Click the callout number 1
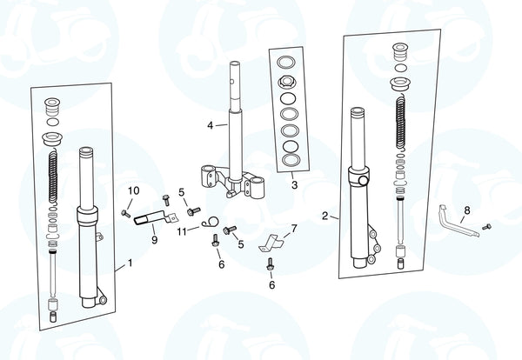pos(130,263)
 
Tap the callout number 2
pos(325,216)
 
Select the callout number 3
pos(294,184)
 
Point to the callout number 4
pos(210,125)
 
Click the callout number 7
pos(294,229)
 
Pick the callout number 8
pos(467,210)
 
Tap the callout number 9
pos(155,239)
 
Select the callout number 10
pos(133,190)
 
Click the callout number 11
pos(182,231)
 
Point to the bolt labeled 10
pos(126,213)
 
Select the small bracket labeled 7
pos(271,243)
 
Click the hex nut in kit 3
pos(286,81)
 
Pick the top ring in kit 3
pos(285,62)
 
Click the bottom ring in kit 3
pos(291,160)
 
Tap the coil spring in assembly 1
pos(53,177)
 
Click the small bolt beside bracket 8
pos(486,227)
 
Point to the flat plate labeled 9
pos(155,218)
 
